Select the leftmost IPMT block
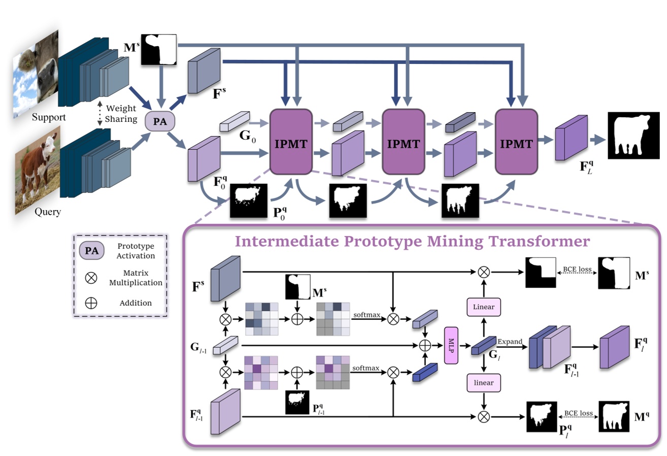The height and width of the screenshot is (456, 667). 291,143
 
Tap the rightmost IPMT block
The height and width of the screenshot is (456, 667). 515,143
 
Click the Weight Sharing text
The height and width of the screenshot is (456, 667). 121,114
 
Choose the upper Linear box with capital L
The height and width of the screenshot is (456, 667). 483,306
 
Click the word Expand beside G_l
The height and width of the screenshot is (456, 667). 510,342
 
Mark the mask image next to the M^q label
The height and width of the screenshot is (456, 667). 616,416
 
